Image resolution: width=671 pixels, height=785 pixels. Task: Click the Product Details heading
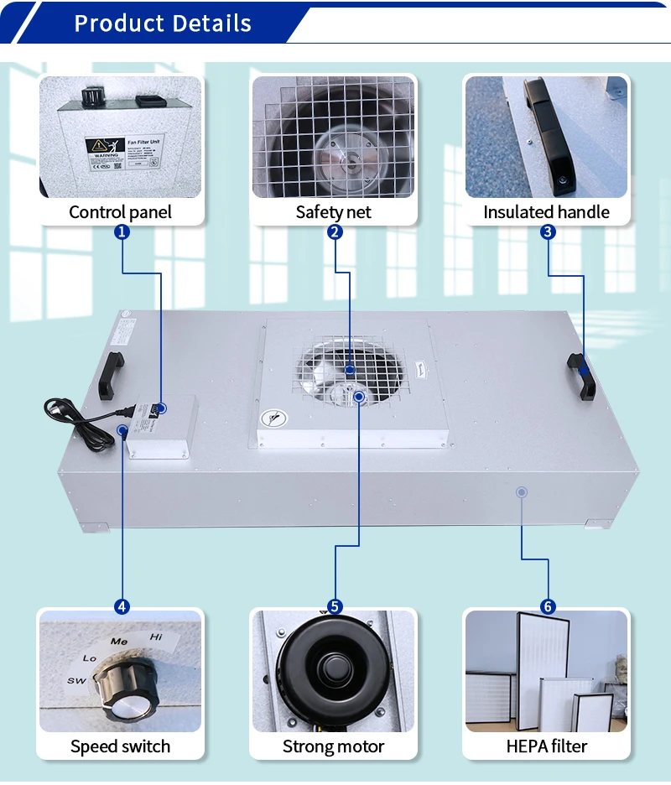pos(163,23)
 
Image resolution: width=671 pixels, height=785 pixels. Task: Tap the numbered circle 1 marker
pos(122,232)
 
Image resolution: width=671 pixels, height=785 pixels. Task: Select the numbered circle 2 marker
pos(335,232)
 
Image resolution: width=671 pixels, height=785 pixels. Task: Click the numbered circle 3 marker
pos(548,232)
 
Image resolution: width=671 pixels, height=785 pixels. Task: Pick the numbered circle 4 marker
pos(122,606)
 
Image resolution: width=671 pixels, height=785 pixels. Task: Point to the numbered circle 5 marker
pos(335,606)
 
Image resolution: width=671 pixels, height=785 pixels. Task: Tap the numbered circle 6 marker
pos(548,606)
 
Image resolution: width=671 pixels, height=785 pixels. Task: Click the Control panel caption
pos(120,212)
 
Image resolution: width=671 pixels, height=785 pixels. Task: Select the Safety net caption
pos(333,212)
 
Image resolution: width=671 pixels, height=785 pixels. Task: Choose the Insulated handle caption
pos(546,212)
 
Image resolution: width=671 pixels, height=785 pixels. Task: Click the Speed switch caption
pos(120,746)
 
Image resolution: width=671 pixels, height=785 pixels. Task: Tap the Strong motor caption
pos(333,746)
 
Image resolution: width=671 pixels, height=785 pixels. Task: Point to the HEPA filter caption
pos(546,746)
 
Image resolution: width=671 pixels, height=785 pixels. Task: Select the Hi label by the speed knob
pos(156,637)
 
